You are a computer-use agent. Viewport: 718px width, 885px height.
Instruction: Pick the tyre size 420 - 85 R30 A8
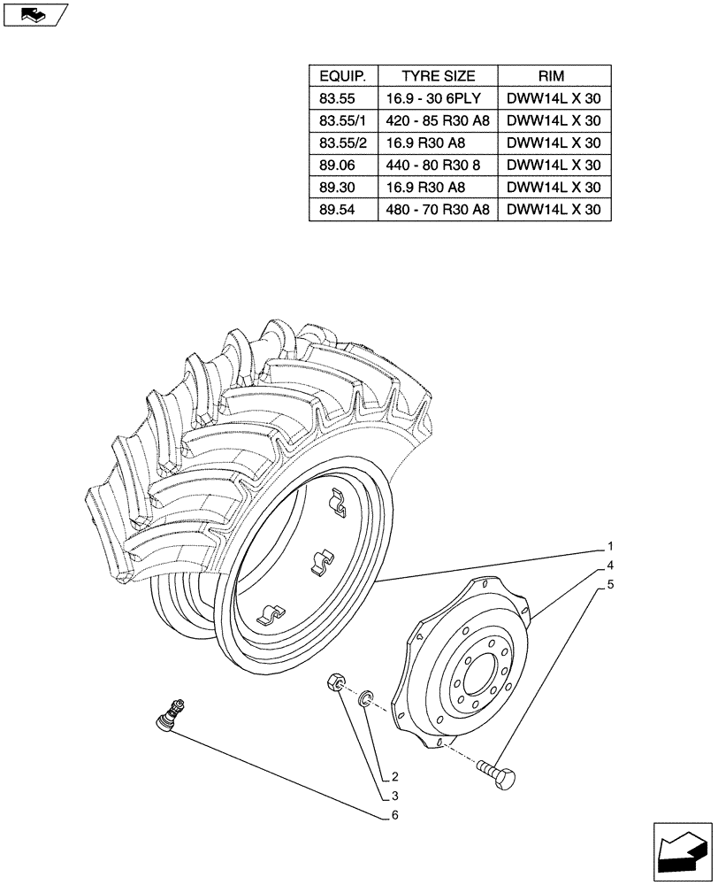click(439, 120)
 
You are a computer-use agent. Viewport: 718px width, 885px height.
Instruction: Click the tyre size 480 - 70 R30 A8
click(439, 210)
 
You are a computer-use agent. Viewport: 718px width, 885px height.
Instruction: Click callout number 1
click(609, 546)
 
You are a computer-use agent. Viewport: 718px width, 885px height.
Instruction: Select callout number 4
click(609, 565)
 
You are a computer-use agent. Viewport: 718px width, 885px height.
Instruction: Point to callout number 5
click(609, 585)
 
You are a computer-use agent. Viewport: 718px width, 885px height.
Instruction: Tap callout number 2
click(394, 777)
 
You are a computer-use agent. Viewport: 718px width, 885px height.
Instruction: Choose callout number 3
click(394, 796)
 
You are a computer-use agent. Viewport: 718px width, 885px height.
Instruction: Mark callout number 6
click(394, 815)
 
